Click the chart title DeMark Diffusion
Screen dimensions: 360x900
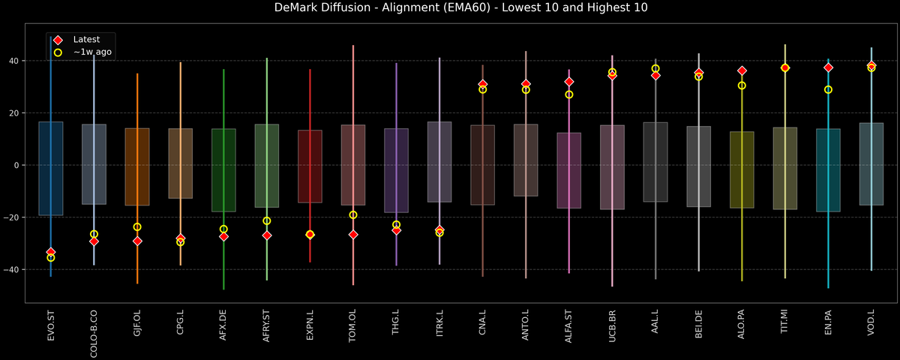(450, 8)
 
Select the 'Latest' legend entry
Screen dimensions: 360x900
(86, 39)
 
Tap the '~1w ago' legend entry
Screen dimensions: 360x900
(92, 52)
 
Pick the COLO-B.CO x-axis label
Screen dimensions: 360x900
(94, 334)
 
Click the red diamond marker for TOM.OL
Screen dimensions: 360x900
(353, 235)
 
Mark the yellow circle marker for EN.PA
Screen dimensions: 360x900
(828, 89)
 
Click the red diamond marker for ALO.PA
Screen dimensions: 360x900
(742, 70)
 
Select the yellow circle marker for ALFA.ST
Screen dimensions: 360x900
(569, 94)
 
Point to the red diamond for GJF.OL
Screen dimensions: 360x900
(137, 241)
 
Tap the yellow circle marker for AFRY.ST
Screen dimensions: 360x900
(267, 220)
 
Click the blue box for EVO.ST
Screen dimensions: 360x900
(51, 169)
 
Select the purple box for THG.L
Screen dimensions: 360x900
(396, 170)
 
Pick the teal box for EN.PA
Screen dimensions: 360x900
(828, 170)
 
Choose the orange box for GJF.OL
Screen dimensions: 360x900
(137, 166)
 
